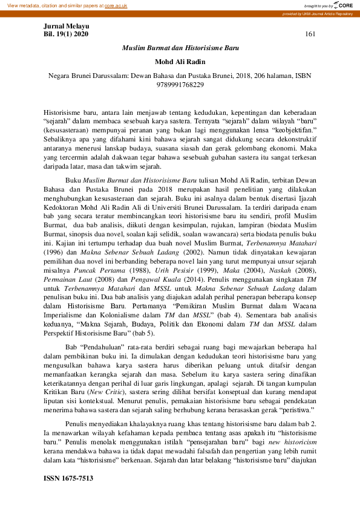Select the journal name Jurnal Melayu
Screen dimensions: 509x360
tap(67, 27)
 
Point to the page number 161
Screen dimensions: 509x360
tap(310, 34)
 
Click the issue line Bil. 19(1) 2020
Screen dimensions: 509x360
tap(67, 34)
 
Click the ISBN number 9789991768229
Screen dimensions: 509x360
tap(181, 85)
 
